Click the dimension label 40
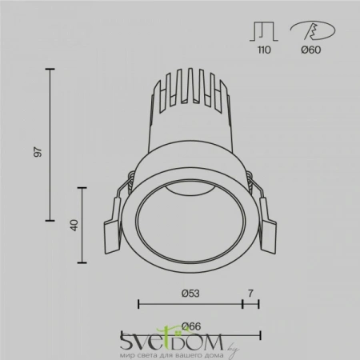(x=74, y=225)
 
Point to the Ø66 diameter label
(x=190, y=325)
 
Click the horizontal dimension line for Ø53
(x=190, y=304)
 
